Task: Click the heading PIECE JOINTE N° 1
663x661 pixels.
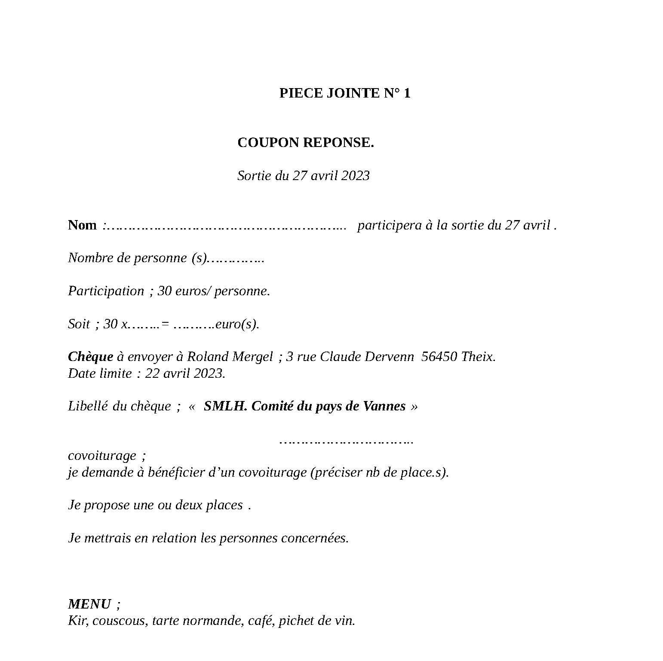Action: (x=344, y=93)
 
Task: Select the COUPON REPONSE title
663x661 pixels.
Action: (x=305, y=143)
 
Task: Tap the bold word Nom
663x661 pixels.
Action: (x=82, y=225)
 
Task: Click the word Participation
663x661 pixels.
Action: (x=106, y=291)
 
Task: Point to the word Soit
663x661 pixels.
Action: (x=79, y=324)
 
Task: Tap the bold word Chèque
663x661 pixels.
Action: (x=90, y=357)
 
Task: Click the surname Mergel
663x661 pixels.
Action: (x=252, y=357)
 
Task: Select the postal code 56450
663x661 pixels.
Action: (x=439, y=357)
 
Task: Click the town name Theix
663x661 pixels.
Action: (x=478, y=357)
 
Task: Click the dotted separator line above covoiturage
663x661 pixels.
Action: (x=346, y=441)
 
